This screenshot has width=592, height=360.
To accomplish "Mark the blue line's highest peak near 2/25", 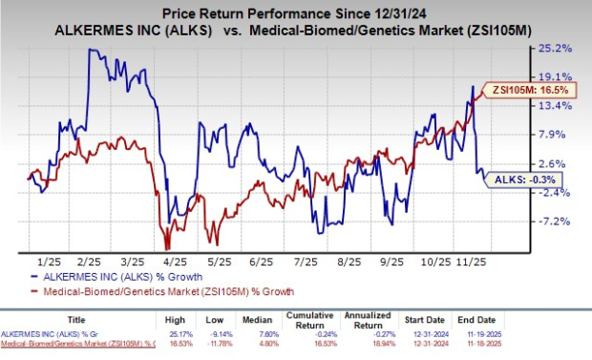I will pyautogui.click(x=90, y=50).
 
